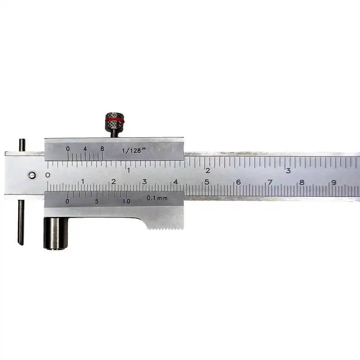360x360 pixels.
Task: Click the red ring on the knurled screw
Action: (x=114, y=121)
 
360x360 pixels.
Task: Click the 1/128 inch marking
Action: (x=132, y=151)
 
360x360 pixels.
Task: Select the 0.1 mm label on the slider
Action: (x=157, y=198)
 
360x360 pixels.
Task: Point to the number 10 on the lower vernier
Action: (x=126, y=201)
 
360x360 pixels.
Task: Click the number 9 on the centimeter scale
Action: (x=333, y=182)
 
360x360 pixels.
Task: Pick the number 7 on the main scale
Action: (x=270, y=182)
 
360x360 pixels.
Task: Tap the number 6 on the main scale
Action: (x=238, y=182)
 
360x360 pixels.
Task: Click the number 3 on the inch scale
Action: (x=288, y=171)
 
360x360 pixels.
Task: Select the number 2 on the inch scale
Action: (x=208, y=171)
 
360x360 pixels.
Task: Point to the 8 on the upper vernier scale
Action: (x=102, y=149)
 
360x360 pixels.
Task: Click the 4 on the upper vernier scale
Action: (x=85, y=149)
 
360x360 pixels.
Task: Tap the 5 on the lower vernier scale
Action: (x=97, y=201)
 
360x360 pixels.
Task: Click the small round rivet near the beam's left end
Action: (x=32, y=175)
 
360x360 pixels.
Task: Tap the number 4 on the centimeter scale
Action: (x=175, y=182)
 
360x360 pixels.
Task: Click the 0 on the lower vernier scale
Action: (x=67, y=201)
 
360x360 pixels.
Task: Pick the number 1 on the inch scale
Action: (x=129, y=171)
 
